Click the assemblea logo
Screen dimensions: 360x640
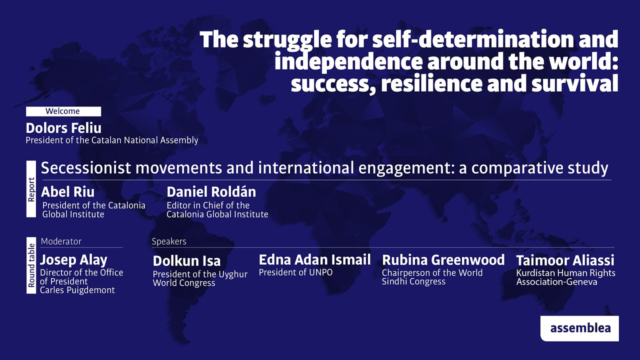579,328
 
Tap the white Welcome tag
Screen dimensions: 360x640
63,111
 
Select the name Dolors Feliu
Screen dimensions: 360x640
63,128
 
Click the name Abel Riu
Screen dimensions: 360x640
67,192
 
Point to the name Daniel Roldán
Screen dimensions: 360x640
211,192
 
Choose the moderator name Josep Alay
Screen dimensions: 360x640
73,260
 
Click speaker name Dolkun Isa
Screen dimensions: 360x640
186,261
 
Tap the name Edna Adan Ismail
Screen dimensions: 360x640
314,260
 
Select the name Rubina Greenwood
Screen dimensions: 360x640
443,260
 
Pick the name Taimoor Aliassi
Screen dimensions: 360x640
565,260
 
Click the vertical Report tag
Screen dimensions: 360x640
31,189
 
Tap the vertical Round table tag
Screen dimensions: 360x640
31,265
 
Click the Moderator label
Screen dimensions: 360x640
61,241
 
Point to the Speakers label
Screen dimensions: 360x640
169,241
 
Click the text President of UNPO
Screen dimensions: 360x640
295,272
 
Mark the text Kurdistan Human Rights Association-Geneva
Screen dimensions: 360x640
565,277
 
